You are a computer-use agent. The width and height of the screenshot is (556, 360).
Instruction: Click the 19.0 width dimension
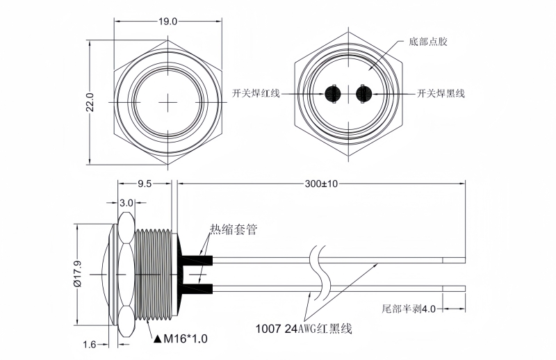tap(167, 22)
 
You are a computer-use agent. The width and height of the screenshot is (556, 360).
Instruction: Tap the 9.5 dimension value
tap(145, 184)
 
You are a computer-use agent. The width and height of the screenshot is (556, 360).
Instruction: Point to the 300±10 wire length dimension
tap(321, 184)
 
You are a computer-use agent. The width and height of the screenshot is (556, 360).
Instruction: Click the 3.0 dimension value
tap(126, 203)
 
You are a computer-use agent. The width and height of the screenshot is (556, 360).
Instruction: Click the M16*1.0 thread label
tap(185, 338)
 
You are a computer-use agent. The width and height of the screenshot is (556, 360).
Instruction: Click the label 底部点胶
tap(429, 42)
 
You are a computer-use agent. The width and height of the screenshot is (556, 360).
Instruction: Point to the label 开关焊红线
tap(256, 93)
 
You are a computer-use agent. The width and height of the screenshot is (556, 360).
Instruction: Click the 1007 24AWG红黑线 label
tap(304, 328)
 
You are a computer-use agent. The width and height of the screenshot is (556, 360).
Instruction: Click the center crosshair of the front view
tap(169, 102)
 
